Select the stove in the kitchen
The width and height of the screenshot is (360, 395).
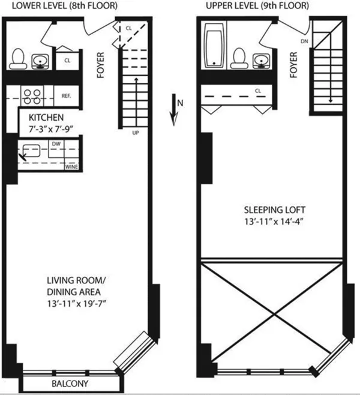[31, 95]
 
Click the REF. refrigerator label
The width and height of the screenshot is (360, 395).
[67, 95]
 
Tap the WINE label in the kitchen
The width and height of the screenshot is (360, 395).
[71, 166]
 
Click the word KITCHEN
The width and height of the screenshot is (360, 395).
[41, 117]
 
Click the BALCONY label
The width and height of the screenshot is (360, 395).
[70, 384]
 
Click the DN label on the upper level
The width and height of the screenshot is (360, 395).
[305, 41]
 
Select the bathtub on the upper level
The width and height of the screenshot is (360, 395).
[214, 46]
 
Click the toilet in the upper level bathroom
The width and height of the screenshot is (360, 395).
[239, 57]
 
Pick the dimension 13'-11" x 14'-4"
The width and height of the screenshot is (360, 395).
[275, 222]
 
